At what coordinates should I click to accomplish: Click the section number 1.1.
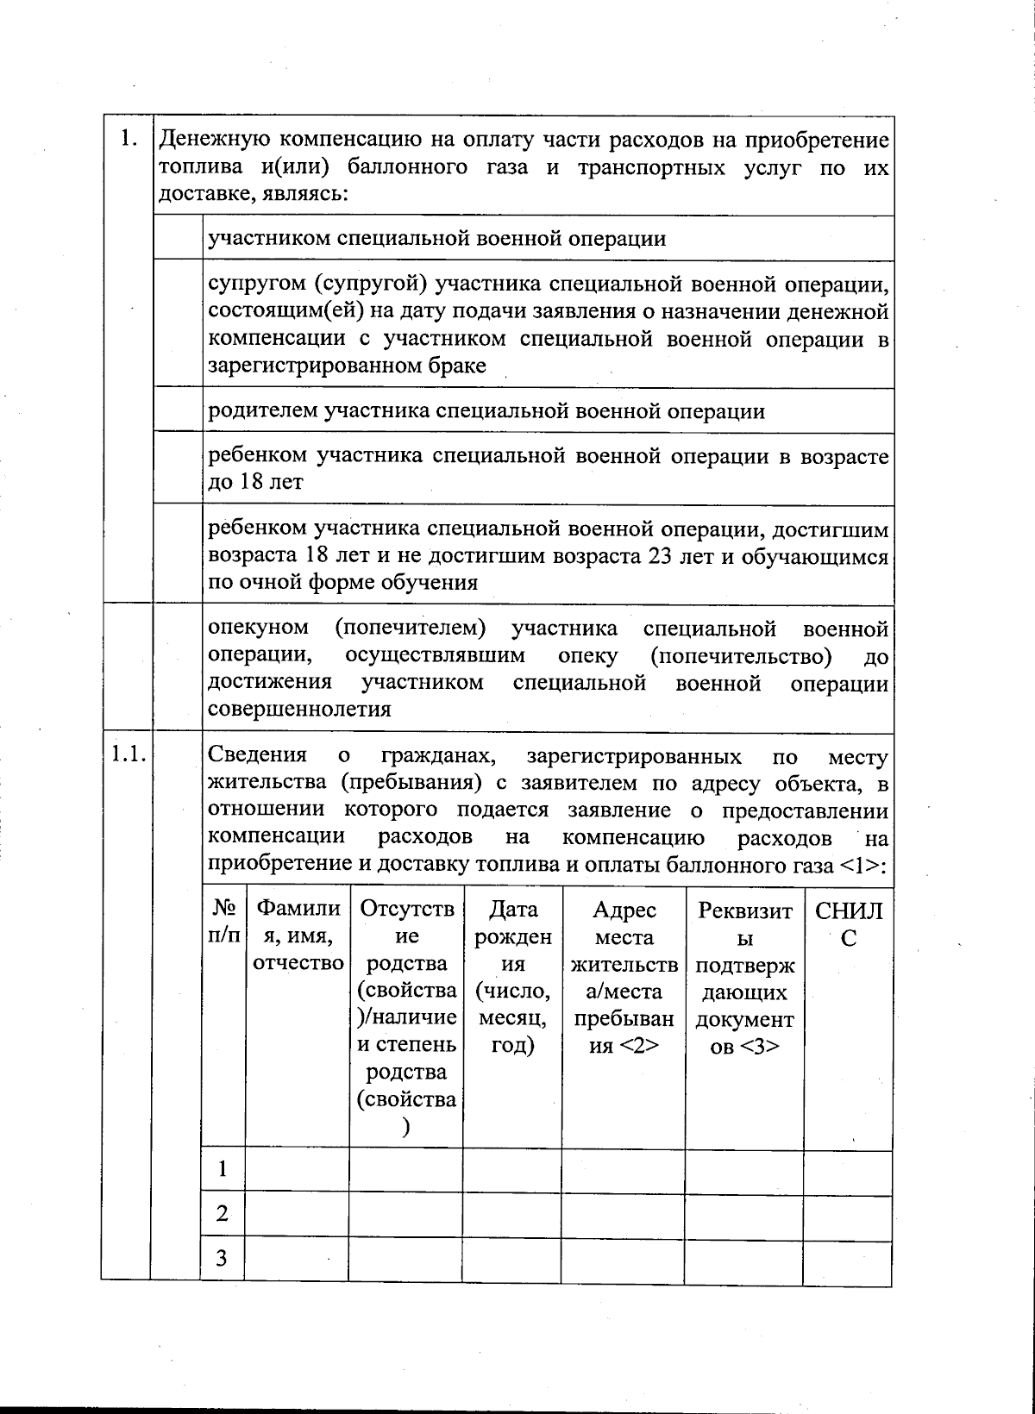click(x=126, y=755)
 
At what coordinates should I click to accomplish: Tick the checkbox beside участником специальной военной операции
click(x=177, y=238)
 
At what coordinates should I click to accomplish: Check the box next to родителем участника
click(x=177, y=410)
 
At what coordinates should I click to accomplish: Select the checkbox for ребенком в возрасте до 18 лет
click(x=177, y=468)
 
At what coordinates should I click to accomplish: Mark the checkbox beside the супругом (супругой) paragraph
click(x=177, y=324)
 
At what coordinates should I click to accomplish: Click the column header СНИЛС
click(x=849, y=923)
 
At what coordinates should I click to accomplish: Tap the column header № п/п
click(x=224, y=923)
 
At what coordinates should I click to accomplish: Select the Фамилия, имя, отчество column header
click(x=298, y=936)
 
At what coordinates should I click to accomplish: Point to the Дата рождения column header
click(x=512, y=977)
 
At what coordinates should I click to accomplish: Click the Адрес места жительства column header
click(x=624, y=977)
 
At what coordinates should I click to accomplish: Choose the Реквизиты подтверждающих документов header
click(x=744, y=977)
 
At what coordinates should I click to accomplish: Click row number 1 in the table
click(x=223, y=1169)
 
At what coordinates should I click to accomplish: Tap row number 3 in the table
click(x=223, y=1258)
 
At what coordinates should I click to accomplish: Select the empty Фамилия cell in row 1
click(x=297, y=1169)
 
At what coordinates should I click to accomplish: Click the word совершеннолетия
click(x=299, y=710)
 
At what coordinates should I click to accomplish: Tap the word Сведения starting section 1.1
click(x=258, y=755)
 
